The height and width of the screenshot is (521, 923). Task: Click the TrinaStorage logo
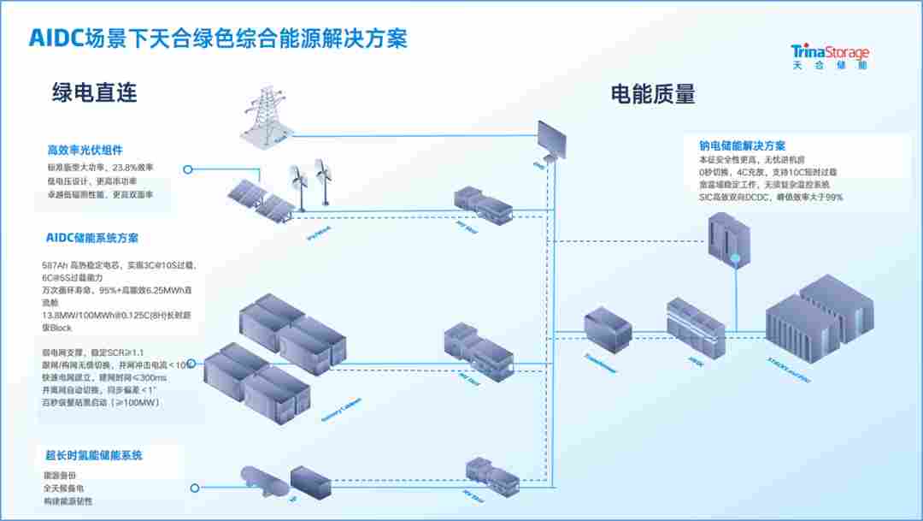(x=830, y=56)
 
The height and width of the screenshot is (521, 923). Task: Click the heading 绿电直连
(x=94, y=92)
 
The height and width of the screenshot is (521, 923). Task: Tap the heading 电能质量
(x=652, y=93)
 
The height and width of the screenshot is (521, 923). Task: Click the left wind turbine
(x=298, y=181)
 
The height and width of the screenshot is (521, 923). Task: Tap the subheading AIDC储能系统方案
(x=92, y=238)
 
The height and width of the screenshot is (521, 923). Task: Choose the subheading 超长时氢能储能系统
(x=94, y=455)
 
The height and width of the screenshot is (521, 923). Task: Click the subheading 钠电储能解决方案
(x=742, y=145)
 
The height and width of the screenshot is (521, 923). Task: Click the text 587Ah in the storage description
(x=56, y=266)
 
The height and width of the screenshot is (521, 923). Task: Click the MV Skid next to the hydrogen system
(x=491, y=475)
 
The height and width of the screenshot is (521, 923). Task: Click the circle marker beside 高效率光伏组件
(x=187, y=169)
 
